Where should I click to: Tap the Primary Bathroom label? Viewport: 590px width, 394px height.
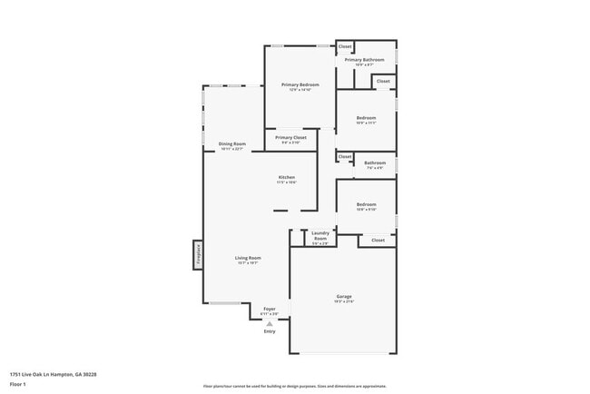point(364,60)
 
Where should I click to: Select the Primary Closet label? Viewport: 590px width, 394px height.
point(290,138)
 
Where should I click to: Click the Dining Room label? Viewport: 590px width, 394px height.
point(232,144)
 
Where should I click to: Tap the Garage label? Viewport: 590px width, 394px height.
point(344,296)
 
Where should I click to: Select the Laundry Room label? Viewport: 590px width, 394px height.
point(320,235)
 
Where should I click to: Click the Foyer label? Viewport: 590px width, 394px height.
point(270,309)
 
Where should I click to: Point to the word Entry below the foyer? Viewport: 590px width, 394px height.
point(270,330)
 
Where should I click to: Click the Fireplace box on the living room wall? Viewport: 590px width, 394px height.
point(197,254)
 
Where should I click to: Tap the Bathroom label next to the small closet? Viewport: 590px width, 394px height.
point(375,163)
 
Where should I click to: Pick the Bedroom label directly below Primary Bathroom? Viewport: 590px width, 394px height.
point(366,118)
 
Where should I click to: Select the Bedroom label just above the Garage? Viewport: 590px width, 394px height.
point(366,205)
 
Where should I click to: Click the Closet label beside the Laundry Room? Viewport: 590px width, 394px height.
point(378,240)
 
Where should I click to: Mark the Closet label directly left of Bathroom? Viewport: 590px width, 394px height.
point(345,156)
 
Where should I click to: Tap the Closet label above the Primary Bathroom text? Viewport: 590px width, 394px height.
point(345,45)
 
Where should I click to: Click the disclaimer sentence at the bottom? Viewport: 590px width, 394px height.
point(295,386)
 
